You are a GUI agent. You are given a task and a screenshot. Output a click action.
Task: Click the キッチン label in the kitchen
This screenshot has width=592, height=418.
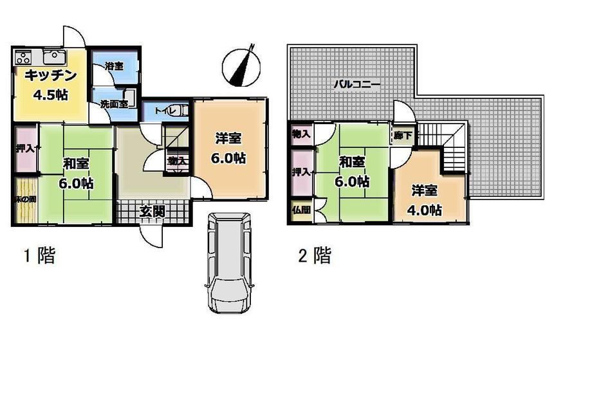pos(51,76)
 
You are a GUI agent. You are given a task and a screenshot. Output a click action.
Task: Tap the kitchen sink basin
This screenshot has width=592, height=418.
pos(55,57)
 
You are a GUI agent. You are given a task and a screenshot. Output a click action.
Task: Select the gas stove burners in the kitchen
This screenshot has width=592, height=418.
pos(23,57)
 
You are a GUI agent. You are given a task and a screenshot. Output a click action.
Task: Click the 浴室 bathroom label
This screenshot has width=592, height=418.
pos(114,66)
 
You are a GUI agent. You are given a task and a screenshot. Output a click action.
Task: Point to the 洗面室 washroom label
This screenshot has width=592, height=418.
pos(114,104)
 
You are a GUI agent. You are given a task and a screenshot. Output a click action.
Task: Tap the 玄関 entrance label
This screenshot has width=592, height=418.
pos(153,212)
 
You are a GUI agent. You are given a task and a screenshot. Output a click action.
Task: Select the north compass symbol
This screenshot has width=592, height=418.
pos(241,67)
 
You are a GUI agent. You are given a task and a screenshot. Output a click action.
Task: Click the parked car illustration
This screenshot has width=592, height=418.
pos(229,263)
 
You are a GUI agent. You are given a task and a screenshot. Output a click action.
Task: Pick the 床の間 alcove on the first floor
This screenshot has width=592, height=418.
pos(26,199)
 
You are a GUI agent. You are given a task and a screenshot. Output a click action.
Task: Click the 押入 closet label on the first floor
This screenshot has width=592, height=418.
pos(25,149)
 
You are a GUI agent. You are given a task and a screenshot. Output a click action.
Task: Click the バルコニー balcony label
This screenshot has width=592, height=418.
pos(356,84)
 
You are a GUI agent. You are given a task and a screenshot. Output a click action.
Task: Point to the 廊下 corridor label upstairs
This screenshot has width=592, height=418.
pos(403,134)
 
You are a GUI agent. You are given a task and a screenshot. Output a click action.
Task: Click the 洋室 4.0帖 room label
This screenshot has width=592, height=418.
pos(424,201)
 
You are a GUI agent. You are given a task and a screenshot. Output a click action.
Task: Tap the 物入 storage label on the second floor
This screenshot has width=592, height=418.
pos(301,133)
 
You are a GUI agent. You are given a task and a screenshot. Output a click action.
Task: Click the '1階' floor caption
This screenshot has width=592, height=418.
pos(40,255)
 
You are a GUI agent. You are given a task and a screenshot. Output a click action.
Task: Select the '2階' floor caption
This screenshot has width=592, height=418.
pos(315,255)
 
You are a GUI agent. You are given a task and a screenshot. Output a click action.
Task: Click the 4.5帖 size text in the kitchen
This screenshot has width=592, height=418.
pos(51,95)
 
